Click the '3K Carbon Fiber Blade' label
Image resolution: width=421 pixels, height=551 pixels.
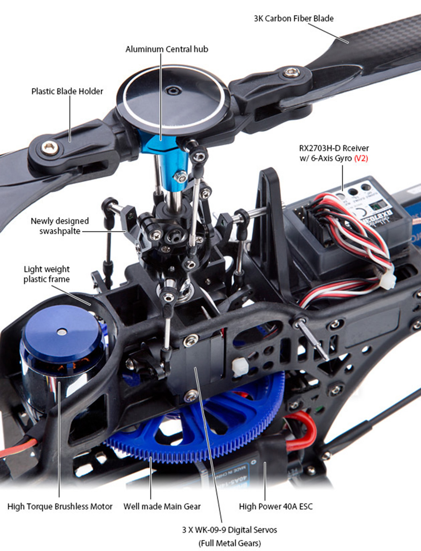293,19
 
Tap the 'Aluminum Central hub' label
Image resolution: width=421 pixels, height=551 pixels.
167,49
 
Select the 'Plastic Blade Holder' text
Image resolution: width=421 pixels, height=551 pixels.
67,91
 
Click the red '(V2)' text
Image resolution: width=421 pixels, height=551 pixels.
361,159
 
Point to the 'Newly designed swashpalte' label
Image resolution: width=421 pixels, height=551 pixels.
60,226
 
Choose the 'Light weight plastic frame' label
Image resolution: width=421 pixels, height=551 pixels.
47,274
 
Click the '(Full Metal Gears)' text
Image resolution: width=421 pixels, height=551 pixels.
229,544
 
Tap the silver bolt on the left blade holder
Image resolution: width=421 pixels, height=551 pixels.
50,148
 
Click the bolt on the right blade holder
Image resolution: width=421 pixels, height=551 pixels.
292,73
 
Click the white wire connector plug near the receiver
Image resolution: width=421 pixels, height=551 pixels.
388,281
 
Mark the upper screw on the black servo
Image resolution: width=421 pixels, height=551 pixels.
190,340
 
